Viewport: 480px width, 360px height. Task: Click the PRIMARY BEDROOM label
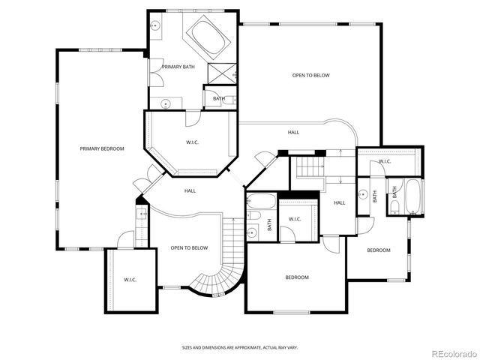(102, 148)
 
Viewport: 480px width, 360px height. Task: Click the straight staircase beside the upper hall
(309, 168)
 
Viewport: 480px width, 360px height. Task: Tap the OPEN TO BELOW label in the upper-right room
(310, 75)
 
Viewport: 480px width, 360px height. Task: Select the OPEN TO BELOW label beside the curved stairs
(189, 247)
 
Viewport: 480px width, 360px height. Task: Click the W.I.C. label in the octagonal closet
(192, 142)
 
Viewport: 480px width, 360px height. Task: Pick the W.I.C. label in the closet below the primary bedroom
(130, 280)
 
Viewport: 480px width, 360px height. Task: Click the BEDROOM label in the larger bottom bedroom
(296, 277)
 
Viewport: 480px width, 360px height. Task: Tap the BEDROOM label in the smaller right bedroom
(378, 250)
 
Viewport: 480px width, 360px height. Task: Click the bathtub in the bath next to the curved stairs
(261, 202)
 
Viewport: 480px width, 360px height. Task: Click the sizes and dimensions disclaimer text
(239, 347)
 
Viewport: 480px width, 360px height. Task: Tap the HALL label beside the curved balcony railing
(293, 132)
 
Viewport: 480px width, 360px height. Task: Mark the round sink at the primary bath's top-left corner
(155, 25)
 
